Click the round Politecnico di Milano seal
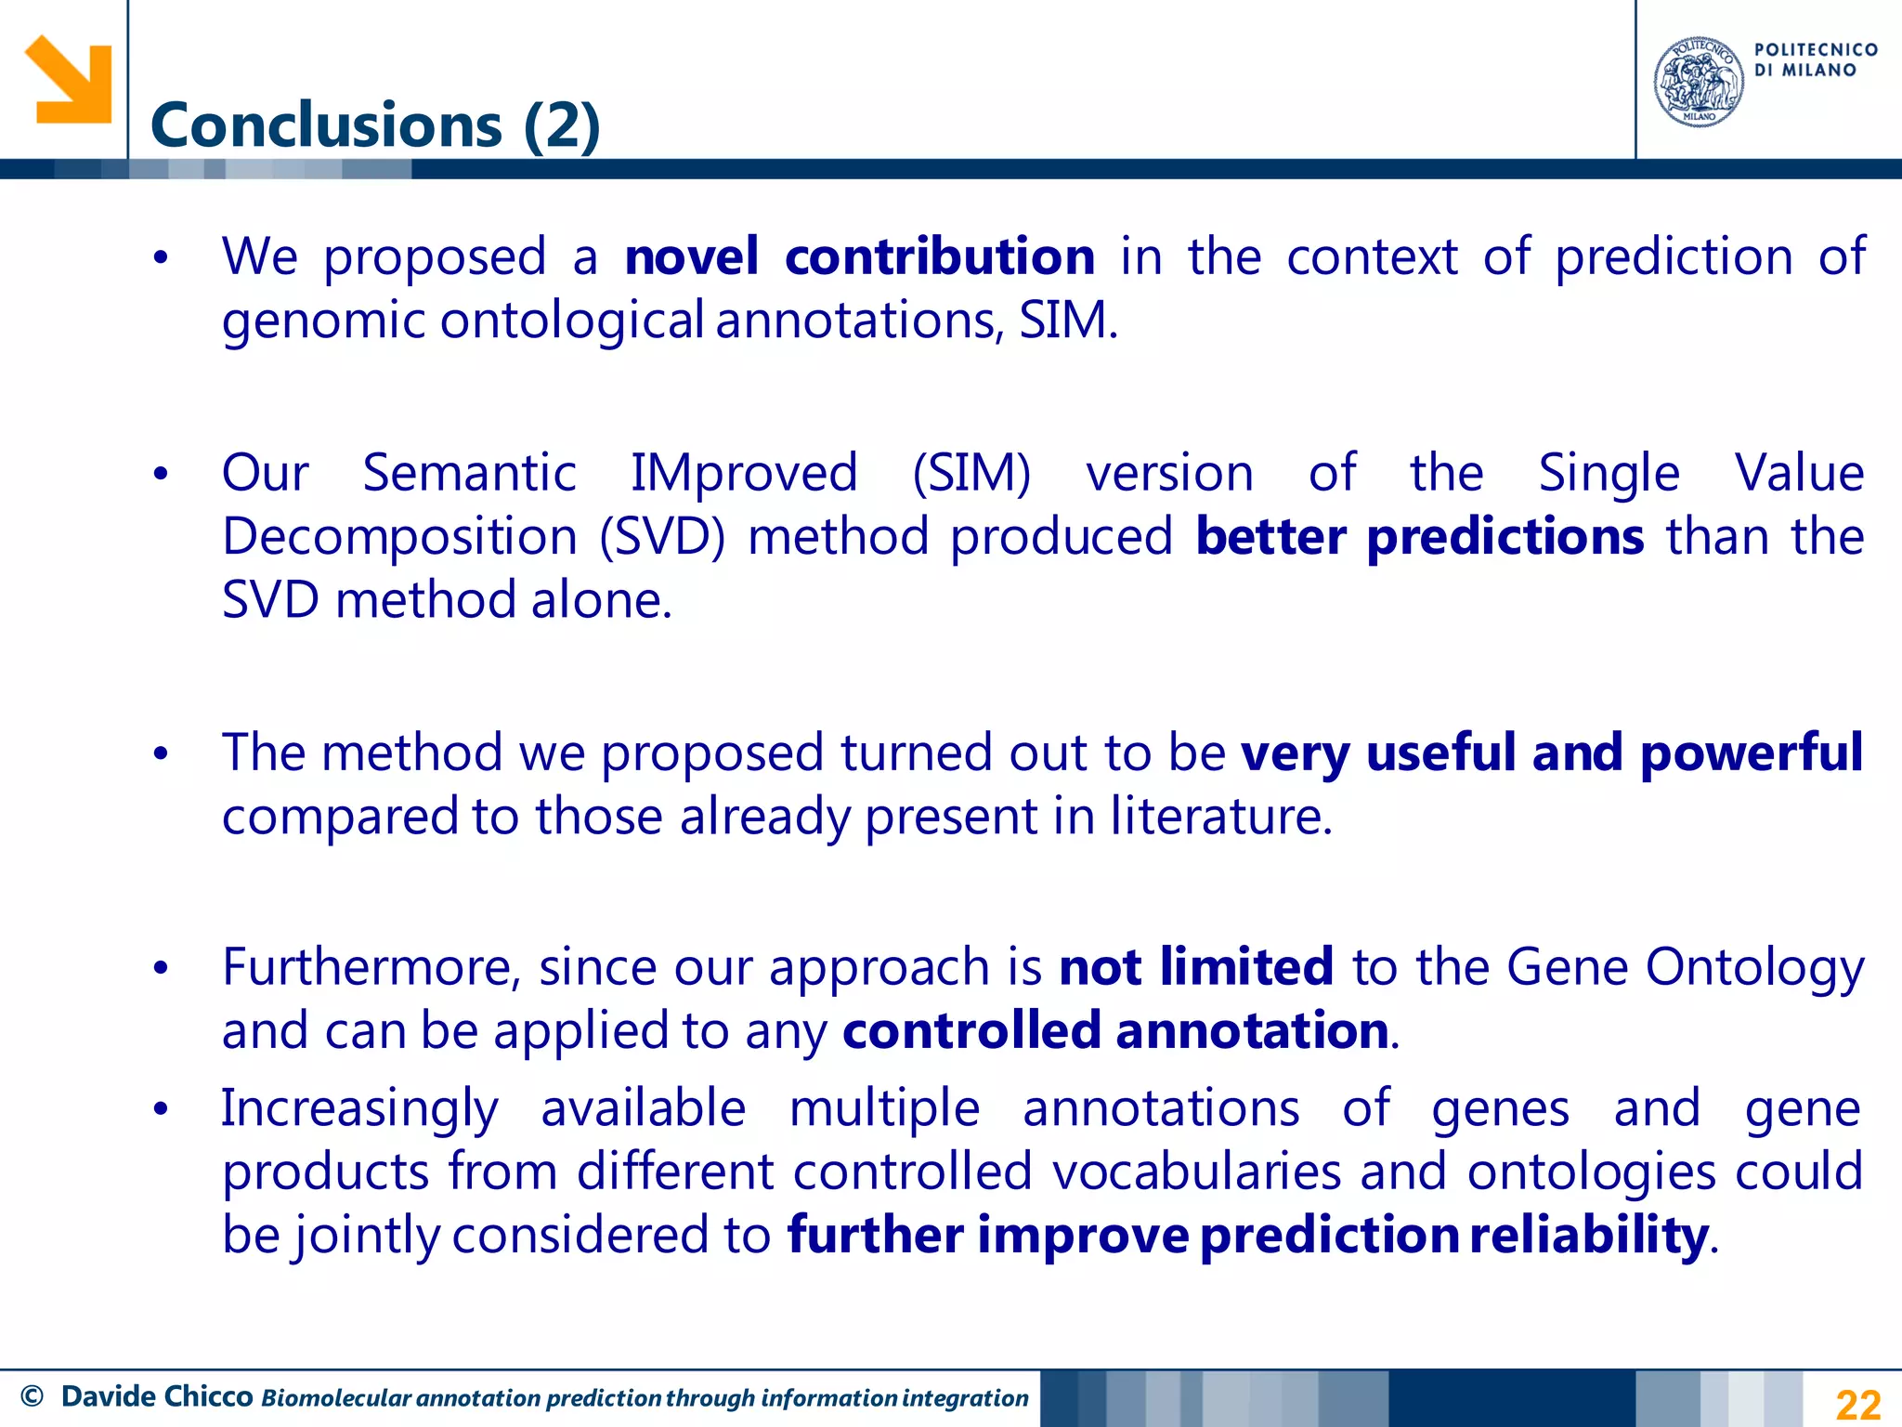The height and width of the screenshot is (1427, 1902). coord(1699,82)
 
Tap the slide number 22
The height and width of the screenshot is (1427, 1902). coord(1857,1404)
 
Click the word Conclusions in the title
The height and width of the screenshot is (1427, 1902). coord(326,125)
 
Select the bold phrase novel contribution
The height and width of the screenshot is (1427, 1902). coord(859,256)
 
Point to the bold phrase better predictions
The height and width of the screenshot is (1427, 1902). coord(1419,537)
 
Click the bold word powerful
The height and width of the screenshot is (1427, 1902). coord(1752,753)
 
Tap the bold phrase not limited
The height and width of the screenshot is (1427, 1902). coord(1196,967)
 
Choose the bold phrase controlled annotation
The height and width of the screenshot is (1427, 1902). coord(1115,1031)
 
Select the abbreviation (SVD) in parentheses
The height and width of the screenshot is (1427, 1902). coord(661,537)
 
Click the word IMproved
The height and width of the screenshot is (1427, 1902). coord(744,473)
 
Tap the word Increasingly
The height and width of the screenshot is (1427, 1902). coord(360,1108)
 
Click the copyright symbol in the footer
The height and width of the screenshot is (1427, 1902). coord(32,1396)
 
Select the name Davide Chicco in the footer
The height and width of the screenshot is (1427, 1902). coord(157,1396)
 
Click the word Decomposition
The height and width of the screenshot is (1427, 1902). coord(399,537)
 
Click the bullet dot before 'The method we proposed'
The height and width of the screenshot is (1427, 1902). coord(161,753)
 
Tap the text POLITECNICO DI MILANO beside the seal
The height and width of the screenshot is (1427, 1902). coord(1815,59)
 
